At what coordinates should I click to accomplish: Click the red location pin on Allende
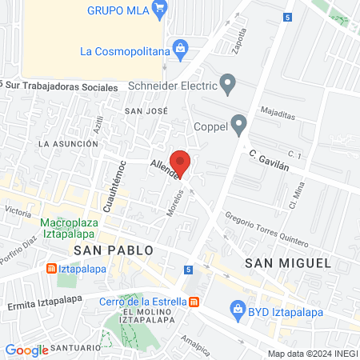pos(181,162)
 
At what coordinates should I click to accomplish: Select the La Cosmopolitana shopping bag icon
pos(181,50)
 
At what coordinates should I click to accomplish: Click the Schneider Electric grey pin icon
pos(229,83)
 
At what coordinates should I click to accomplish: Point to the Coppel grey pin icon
pos(238,124)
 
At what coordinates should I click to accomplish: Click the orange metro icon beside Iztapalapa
pos(50,269)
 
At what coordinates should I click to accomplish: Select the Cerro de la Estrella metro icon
pos(194,302)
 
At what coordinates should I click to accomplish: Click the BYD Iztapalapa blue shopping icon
pos(237,308)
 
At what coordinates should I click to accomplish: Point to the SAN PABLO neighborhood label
pos(113,250)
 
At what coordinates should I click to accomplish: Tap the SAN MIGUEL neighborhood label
pos(277,262)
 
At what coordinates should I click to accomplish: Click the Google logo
pos(26,350)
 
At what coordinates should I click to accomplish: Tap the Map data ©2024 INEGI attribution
pos(312,354)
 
